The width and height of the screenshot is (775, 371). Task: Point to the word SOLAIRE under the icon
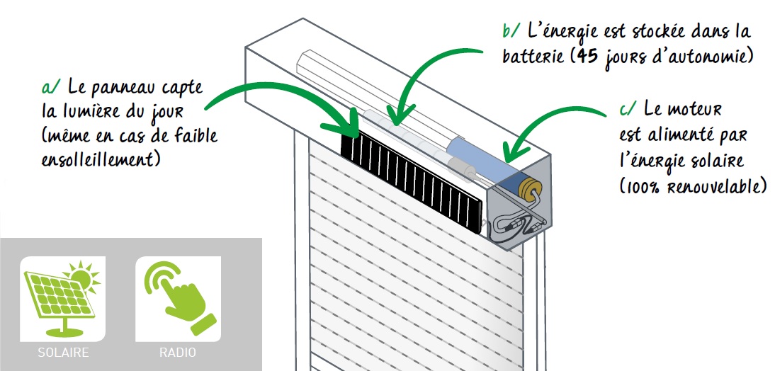point(62,352)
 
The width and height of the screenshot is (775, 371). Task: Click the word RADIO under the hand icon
point(178,352)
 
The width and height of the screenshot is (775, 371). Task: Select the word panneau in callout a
point(121,88)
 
